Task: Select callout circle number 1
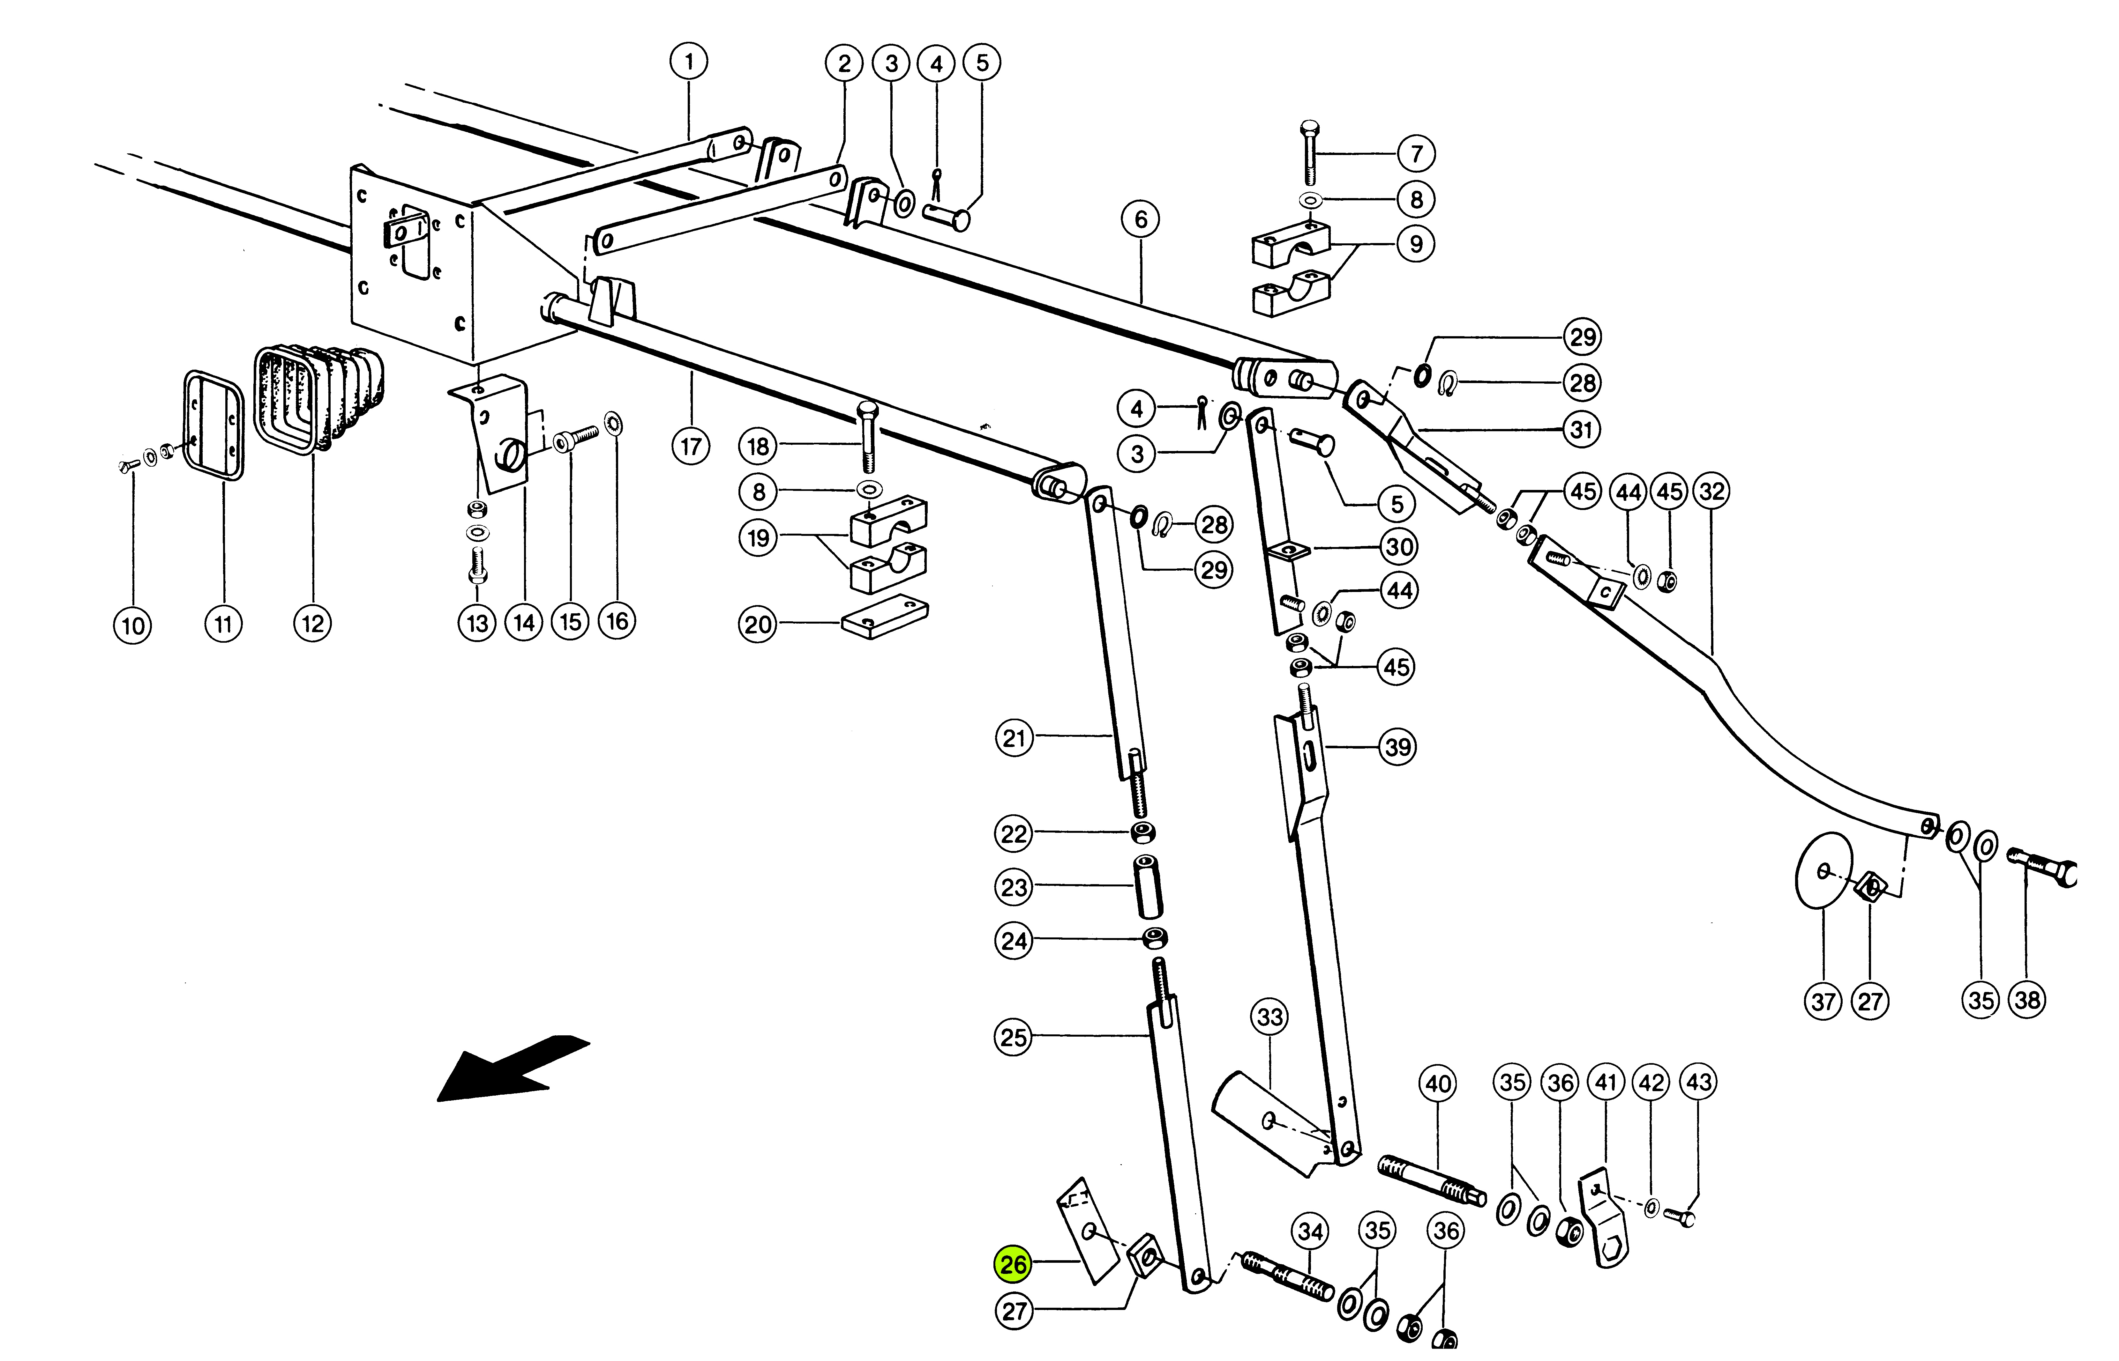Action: pos(689,62)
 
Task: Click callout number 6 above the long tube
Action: pos(1140,219)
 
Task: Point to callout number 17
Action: pos(690,446)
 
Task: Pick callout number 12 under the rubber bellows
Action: pos(312,624)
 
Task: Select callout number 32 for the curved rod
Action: pos(1712,492)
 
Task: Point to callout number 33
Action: pos(1270,1017)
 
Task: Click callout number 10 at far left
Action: pos(133,626)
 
